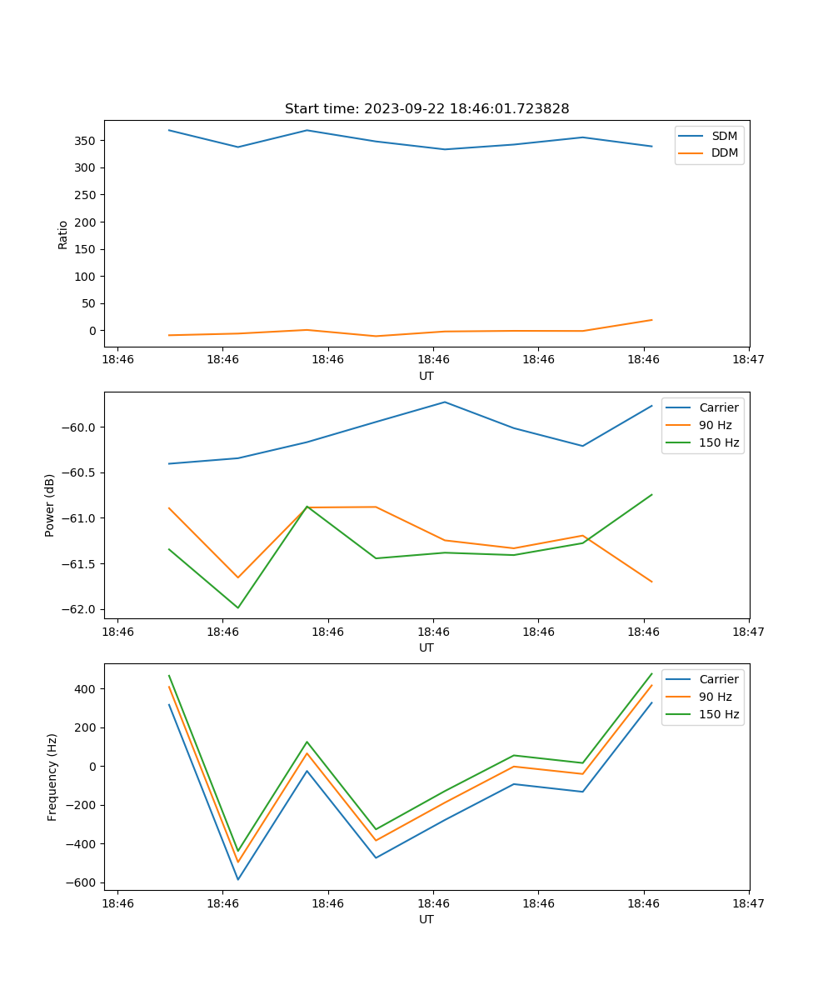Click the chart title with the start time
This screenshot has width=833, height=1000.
[426, 109]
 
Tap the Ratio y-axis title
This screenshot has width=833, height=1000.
[63, 234]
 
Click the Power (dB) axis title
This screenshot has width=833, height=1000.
[50, 505]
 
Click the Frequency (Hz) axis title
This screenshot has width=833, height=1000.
[52, 777]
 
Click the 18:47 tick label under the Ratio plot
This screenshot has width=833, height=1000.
[749, 360]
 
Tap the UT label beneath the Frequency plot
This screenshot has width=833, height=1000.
[426, 919]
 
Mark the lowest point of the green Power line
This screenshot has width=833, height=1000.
[238, 607]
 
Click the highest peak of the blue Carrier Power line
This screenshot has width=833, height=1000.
[445, 402]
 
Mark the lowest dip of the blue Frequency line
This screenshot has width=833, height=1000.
[238, 879]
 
